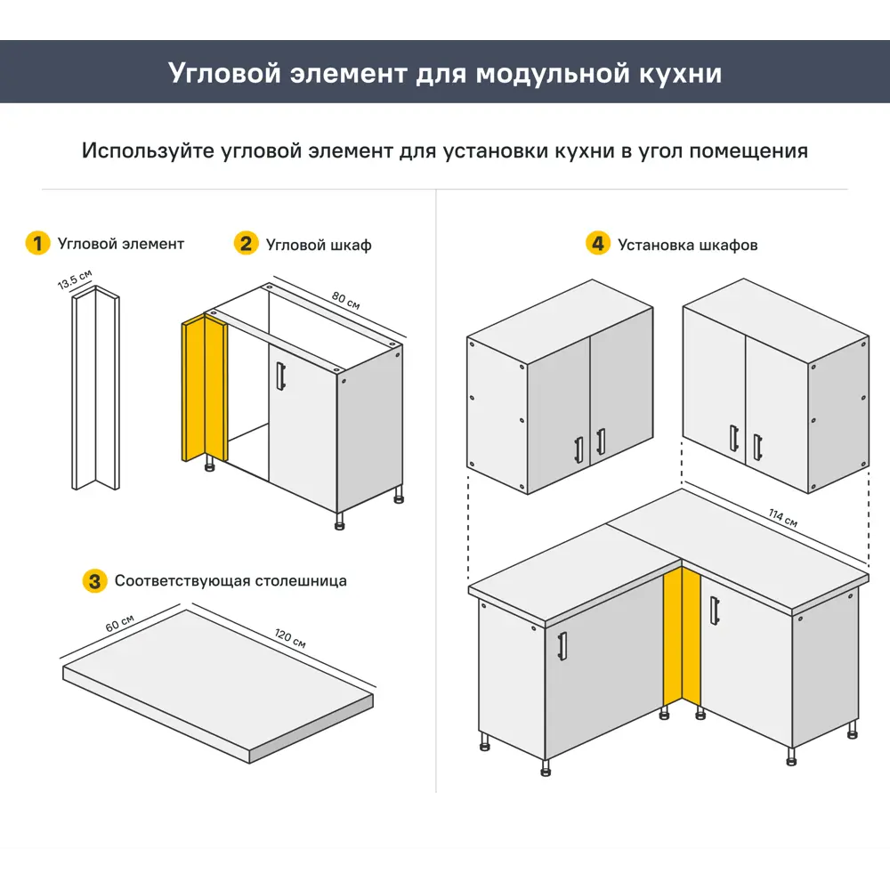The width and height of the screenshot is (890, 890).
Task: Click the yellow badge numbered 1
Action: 37,243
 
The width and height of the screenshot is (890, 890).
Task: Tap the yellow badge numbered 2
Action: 246,243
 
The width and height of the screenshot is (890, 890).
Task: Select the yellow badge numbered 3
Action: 94,581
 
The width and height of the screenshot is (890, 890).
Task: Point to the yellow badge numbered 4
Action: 598,243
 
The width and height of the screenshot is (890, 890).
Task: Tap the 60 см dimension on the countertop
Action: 120,622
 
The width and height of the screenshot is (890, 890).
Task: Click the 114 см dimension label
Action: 782,518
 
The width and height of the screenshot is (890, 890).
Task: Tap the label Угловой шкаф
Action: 319,245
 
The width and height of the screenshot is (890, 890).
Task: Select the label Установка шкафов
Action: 687,245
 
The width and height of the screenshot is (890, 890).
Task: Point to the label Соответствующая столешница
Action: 231,581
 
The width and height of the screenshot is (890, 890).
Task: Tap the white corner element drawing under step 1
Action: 95,392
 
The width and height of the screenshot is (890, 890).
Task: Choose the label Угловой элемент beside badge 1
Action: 121,244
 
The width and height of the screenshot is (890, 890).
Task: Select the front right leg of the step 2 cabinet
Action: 340,521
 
